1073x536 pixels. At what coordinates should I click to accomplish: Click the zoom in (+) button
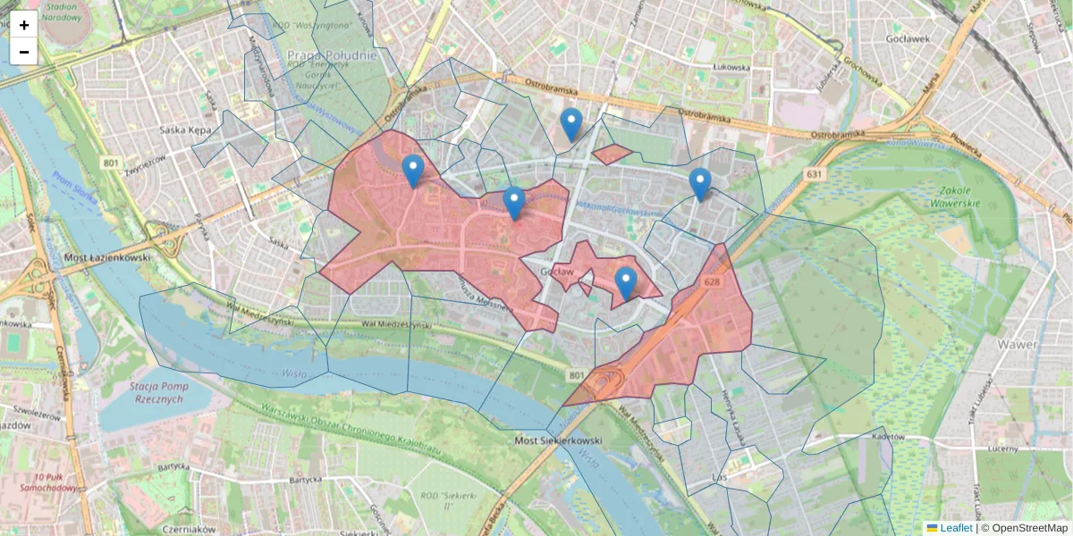coord(24,25)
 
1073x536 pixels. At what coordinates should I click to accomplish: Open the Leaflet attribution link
coord(955,528)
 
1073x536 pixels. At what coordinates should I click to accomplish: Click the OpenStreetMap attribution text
coord(1030,528)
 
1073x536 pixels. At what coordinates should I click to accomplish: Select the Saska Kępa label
coord(185,130)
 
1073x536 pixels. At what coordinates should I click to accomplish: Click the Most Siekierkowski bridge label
coord(559,441)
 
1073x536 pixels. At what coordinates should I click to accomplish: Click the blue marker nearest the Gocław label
coord(626,283)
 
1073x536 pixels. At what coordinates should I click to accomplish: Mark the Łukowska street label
coord(731,67)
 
